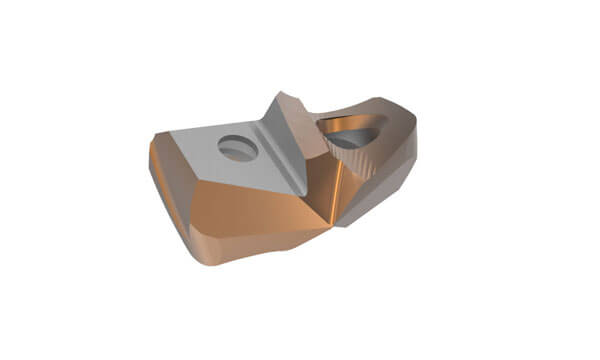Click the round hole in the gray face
tap(238, 148)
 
